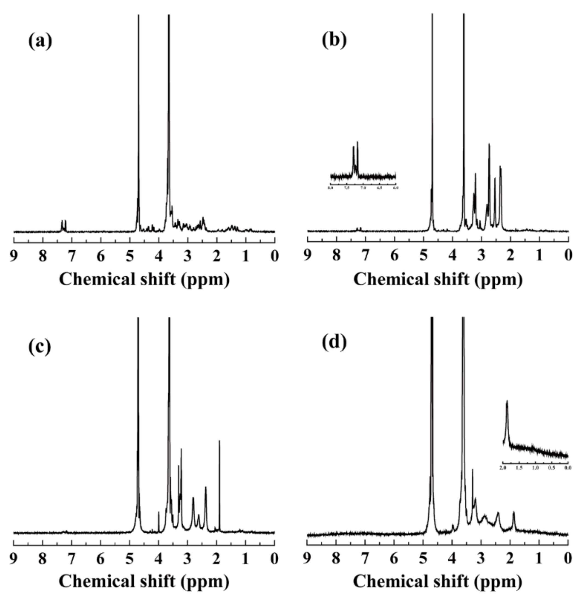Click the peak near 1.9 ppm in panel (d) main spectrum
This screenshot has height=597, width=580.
tap(514, 521)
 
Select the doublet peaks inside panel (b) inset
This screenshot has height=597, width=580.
tap(355, 156)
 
